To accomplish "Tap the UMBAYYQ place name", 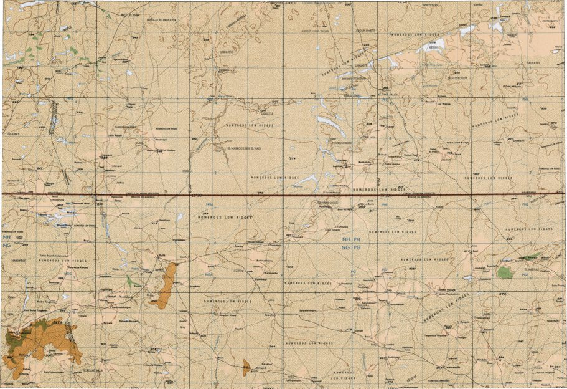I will (x=225, y=53).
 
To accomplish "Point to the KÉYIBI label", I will (x=433, y=47).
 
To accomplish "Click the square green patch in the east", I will (x=505, y=272).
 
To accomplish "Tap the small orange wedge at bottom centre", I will (x=246, y=366).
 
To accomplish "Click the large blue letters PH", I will (x=357, y=239).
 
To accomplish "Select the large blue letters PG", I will (x=357, y=248).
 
